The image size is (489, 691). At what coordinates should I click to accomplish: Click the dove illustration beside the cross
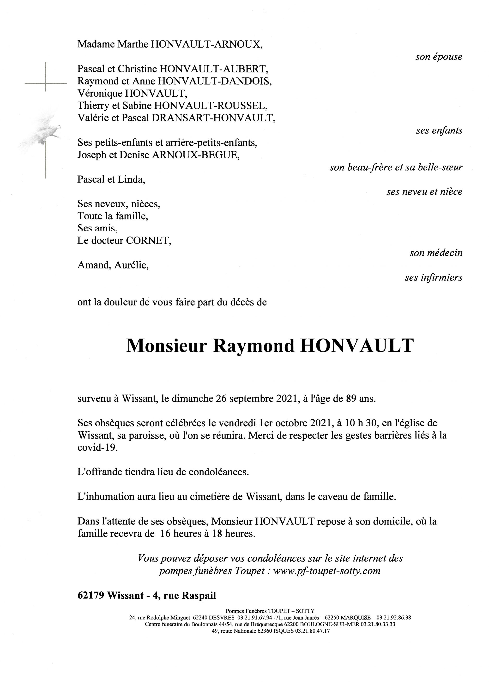[x=45, y=132]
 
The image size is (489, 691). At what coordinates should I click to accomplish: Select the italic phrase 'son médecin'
[x=436, y=253]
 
